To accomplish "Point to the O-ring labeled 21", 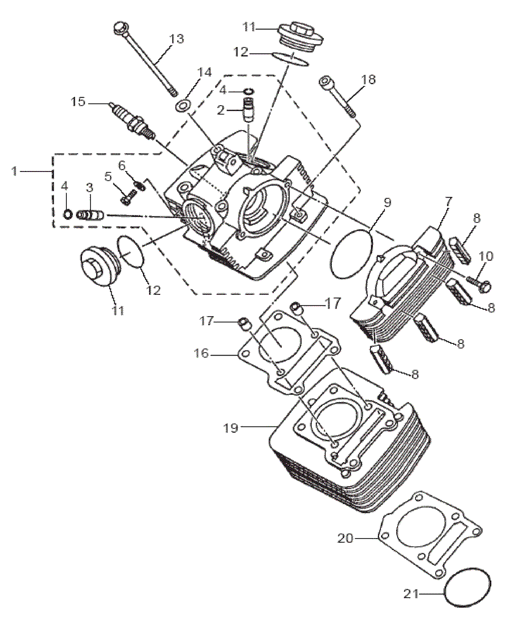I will click(468, 587).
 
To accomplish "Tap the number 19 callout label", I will click(231, 428).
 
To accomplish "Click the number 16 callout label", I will click(202, 354).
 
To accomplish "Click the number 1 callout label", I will click(15, 171).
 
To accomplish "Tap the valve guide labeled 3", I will click(91, 215).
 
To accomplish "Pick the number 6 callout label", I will click(121, 165).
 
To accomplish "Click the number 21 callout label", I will click(411, 593).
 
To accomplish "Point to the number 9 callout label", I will click(387, 204).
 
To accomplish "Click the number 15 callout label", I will click(78, 102).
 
